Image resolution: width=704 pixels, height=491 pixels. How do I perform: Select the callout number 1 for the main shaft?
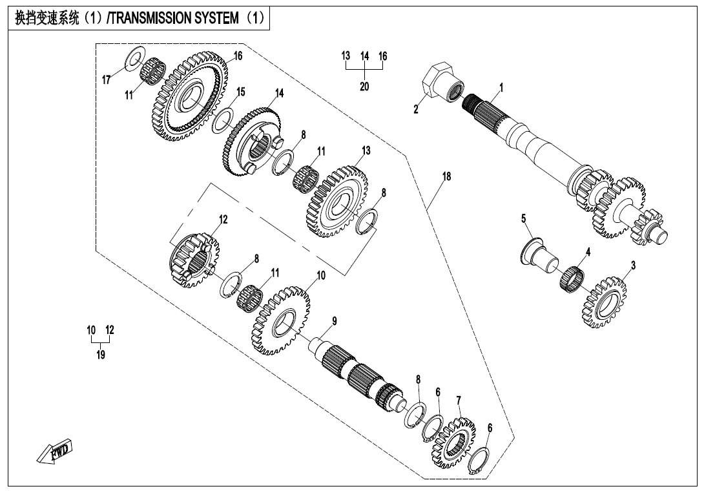tap(501, 87)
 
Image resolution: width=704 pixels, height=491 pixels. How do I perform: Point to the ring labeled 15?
tap(223, 120)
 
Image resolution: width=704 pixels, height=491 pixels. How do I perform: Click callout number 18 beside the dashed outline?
tap(446, 176)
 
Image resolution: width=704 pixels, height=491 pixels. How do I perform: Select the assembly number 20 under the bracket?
tap(364, 87)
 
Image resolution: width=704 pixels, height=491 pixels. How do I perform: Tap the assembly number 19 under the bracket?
tap(101, 355)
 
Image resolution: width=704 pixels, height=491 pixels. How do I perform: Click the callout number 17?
tap(107, 79)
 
